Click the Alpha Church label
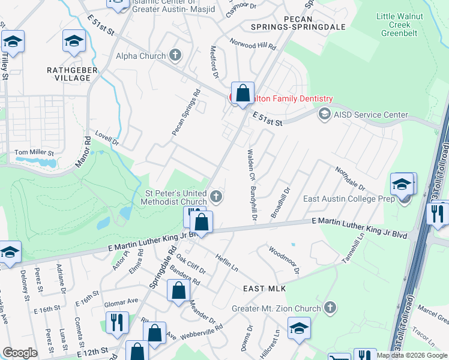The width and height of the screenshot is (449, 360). click(140, 56)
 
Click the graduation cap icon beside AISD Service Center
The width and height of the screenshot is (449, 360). click(325, 114)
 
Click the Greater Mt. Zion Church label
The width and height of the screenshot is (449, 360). click(277, 308)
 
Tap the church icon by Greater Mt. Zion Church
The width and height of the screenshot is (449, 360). click(329, 308)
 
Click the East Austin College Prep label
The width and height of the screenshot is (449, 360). click(348, 199)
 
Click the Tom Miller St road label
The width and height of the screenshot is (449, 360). click(34, 153)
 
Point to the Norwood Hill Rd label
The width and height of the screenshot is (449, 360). click(253, 44)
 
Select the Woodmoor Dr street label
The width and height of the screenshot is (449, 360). click(283, 261)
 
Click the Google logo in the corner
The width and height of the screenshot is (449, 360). click(20, 353)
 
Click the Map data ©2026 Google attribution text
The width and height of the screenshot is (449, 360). click(412, 355)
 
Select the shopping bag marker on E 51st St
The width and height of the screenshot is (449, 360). click(243, 94)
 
